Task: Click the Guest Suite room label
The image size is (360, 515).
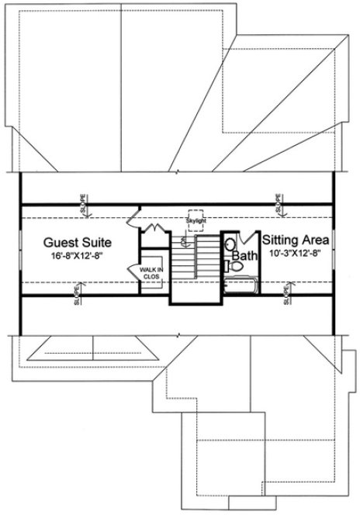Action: pos(76,241)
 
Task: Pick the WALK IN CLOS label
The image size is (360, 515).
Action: pos(149,271)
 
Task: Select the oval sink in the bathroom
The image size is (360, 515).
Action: pos(230,247)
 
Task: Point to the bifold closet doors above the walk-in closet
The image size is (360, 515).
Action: pos(153,230)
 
